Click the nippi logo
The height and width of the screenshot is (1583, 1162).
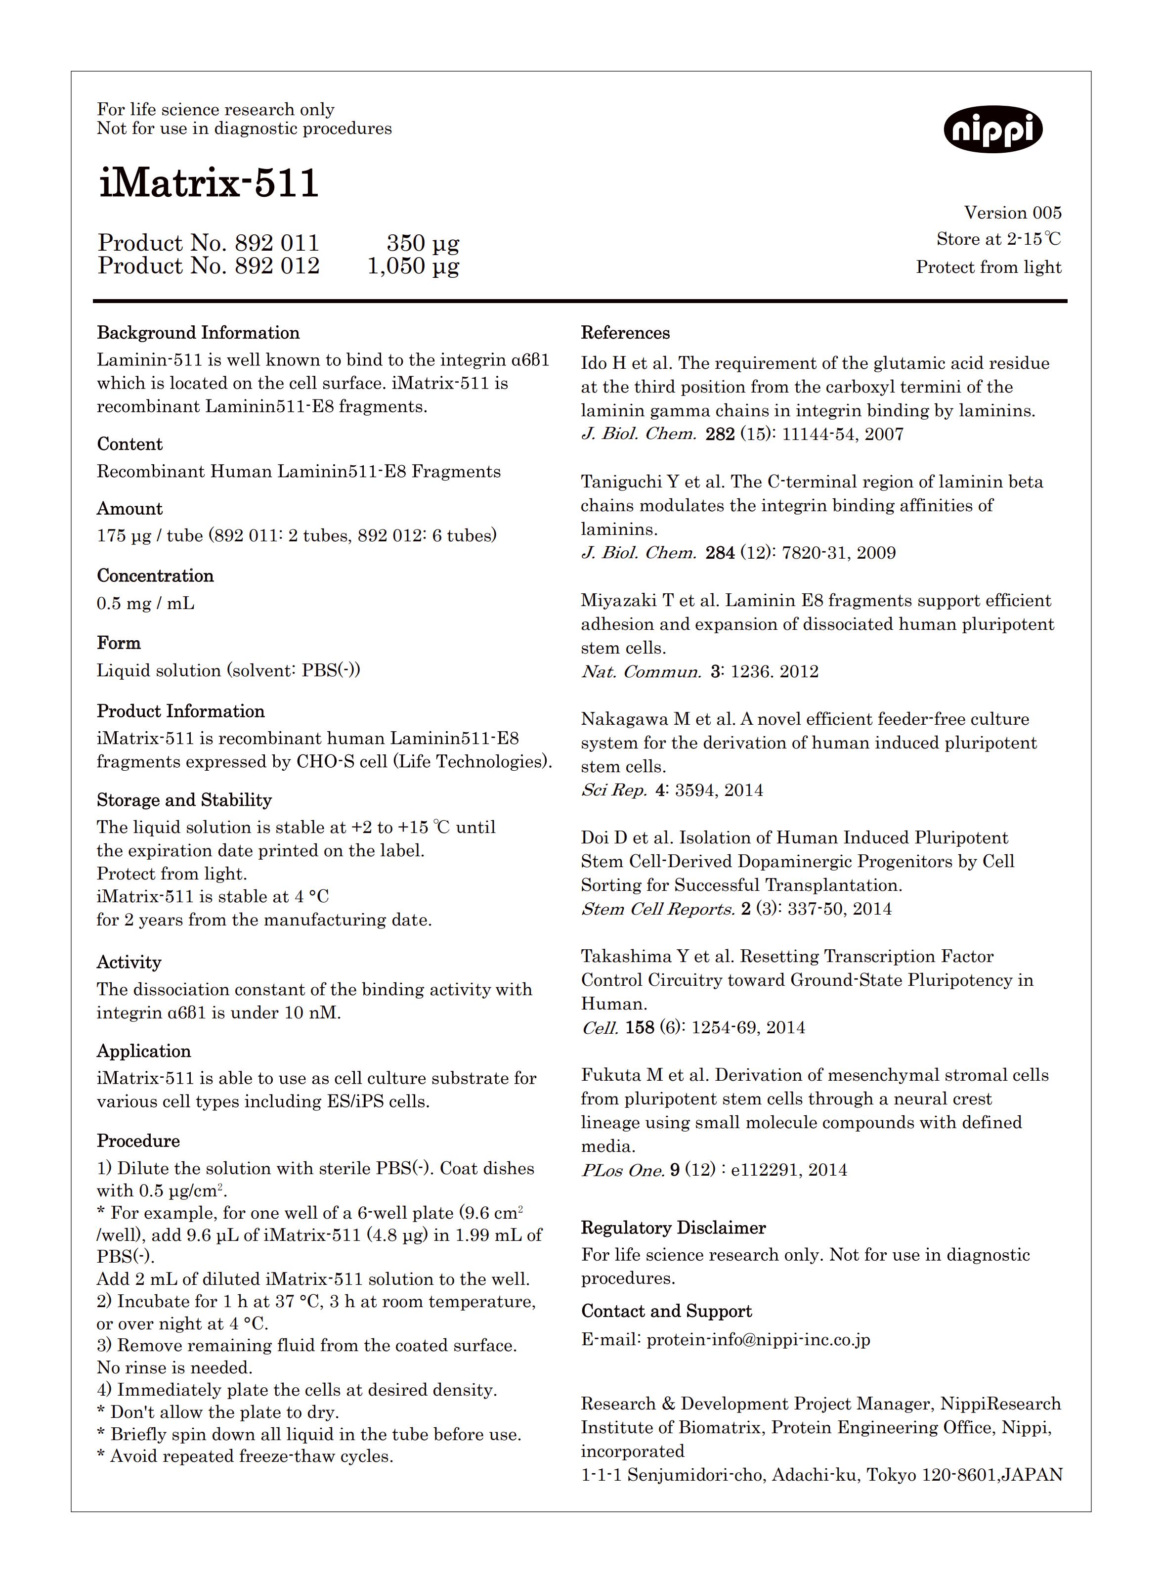(992, 129)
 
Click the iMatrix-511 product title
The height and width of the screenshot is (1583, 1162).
(209, 183)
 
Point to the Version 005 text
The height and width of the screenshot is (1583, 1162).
(1012, 213)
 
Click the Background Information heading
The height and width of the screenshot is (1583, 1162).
(198, 333)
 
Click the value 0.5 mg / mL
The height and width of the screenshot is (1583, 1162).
(146, 604)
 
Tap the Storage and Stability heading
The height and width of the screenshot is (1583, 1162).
(184, 800)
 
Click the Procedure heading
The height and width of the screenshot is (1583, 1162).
(138, 1141)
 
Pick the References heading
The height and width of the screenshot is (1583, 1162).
(625, 333)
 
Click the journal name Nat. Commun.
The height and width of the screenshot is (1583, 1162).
(641, 672)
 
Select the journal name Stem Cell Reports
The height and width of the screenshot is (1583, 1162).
(658, 909)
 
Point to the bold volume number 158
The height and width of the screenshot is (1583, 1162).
(640, 1028)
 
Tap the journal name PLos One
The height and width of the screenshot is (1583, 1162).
(622, 1171)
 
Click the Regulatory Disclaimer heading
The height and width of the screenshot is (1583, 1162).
(673, 1228)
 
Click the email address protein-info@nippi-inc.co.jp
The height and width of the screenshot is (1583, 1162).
(758, 1340)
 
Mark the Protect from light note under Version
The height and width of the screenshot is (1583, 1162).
(988, 267)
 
